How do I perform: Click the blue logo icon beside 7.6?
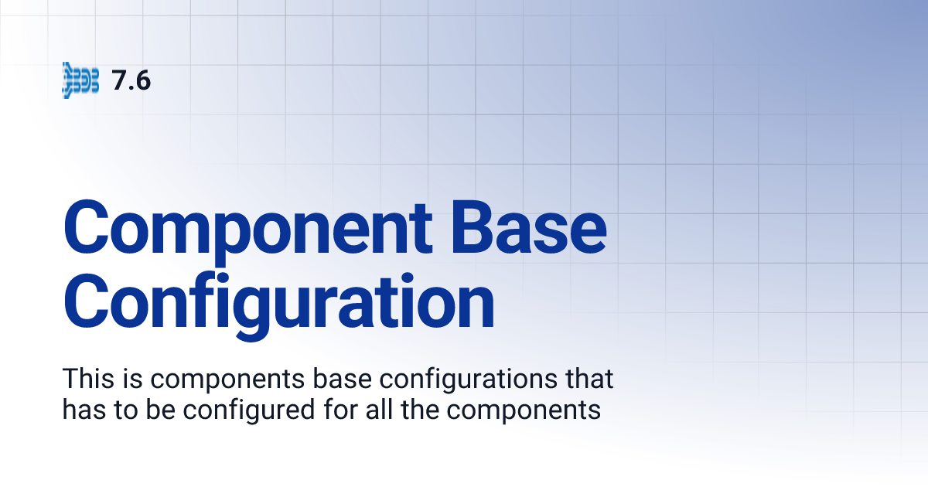click(x=80, y=80)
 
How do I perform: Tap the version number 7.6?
click(x=131, y=80)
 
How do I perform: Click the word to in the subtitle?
click(x=119, y=410)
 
